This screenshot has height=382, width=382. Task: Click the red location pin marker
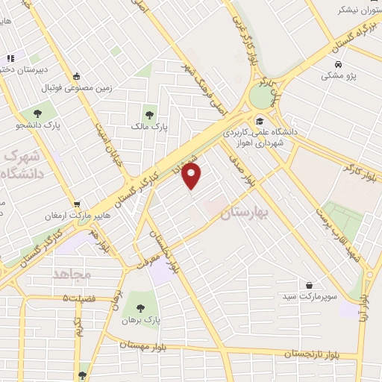[192, 176]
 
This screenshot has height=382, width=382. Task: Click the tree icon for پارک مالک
[150, 115]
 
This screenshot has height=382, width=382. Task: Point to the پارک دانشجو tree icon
[37, 113]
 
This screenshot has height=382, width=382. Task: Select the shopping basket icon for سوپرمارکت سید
[310, 285]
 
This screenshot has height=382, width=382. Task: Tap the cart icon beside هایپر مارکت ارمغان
[76, 204]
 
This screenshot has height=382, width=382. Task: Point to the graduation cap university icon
[260, 121]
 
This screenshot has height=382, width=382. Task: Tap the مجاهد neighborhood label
[72, 275]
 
